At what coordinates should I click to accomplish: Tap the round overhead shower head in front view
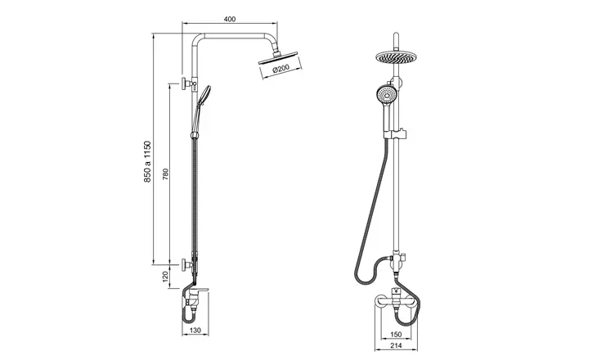[396, 59]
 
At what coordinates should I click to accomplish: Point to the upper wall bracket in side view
[189, 83]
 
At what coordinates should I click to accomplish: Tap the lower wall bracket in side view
[189, 265]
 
